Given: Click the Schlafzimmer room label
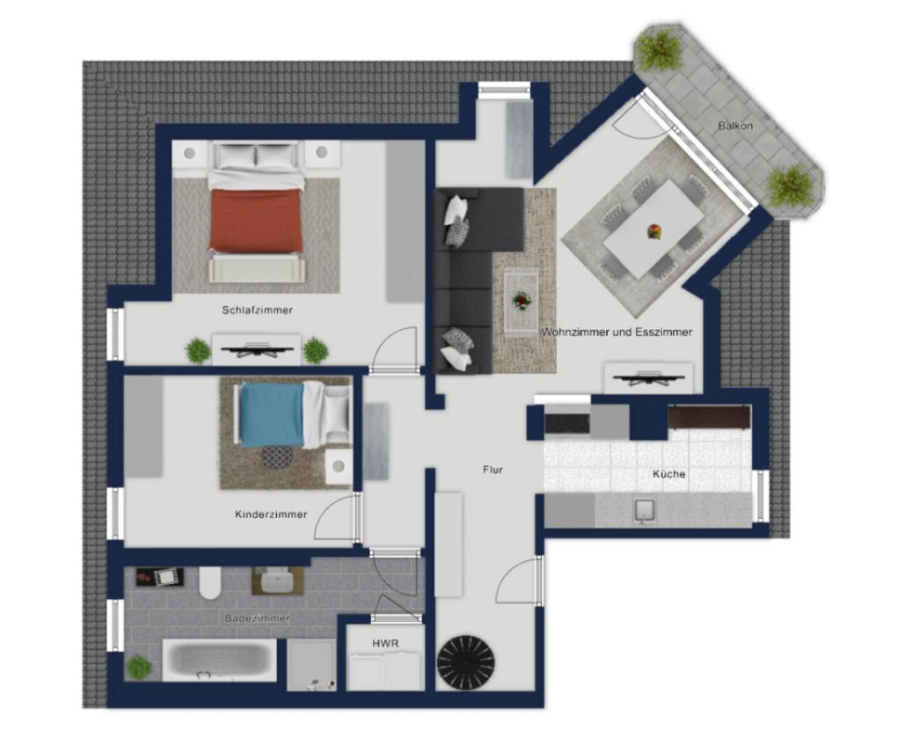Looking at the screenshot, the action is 257,310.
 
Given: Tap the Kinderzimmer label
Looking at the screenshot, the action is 271,515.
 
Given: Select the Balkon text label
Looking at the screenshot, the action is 735,126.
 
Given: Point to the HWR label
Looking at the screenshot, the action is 385,643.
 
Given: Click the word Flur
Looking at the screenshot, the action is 492,470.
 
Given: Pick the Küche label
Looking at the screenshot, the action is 669,474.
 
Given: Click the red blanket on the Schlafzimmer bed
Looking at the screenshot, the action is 257,221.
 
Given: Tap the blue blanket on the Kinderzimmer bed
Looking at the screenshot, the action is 272,415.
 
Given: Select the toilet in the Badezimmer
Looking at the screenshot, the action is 209,582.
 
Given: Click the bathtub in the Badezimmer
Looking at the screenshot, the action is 220,661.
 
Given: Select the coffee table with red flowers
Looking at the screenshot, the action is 522,303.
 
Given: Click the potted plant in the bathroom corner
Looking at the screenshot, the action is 139,668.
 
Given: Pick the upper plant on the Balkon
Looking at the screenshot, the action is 659,49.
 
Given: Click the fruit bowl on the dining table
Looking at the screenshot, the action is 654,231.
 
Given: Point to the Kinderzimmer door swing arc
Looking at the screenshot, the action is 329,508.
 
